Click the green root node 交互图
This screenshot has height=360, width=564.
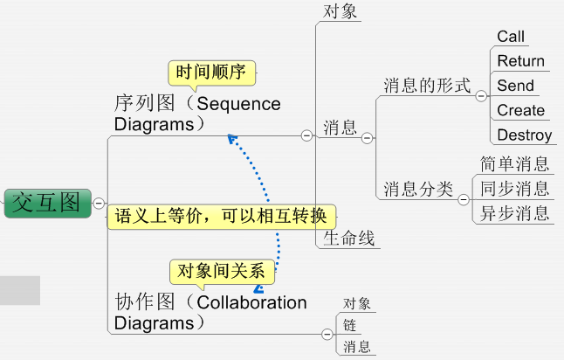click(46, 203)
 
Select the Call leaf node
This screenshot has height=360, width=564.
click(511, 36)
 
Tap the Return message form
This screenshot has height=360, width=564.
click(520, 61)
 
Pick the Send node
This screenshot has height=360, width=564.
click(515, 86)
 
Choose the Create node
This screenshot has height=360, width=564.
click(520, 110)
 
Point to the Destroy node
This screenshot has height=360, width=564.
click(524, 135)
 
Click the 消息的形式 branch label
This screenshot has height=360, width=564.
click(427, 87)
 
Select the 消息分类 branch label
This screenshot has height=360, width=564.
click(418, 189)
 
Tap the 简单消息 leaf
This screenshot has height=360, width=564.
click(514, 163)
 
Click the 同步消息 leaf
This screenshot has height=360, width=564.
click(514, 188)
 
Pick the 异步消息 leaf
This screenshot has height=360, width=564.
click(514, 212)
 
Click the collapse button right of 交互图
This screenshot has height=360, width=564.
click(99, 203)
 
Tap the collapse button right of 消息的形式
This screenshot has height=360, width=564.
click(481, 94)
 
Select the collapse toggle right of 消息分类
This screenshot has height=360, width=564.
click(464, 199)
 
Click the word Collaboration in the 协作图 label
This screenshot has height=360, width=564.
click(252, 302)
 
